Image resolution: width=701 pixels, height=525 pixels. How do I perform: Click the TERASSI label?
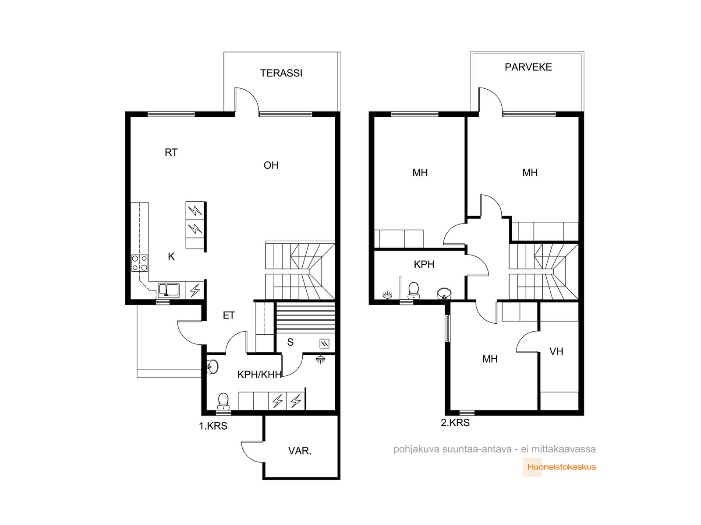pyautogui.click(x=281, y=73)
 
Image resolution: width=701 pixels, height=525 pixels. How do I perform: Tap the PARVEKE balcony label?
pyautogui.click(x=528, y=67)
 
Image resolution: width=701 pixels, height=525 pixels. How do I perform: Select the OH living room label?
pyautogui.click(x=271, y=165)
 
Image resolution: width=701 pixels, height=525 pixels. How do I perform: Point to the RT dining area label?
pyautogui.click(x=171, y=152)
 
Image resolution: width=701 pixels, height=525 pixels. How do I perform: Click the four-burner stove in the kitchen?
pyautogui.click(x=140, y=263)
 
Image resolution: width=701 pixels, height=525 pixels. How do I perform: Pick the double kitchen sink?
pyautogui.click(x=169, y=290)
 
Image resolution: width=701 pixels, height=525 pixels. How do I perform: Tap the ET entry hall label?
pyautogui.click(x=229, y=315)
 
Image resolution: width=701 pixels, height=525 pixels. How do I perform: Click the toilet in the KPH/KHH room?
pyautogui.click(x=223, y=401)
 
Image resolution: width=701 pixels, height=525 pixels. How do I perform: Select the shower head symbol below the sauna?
pyautogui.click(x=320, y=360)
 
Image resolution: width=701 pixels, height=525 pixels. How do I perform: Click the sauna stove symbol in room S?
pyautogui.click(x=324, y=343)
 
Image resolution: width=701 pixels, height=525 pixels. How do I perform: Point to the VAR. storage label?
pyautogui.click(x=300, y=451)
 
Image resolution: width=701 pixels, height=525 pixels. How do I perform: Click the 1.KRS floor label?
pyautogui.click(x=213, y=426)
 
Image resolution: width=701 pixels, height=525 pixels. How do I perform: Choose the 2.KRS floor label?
pyautogui.click(x=455, y=423)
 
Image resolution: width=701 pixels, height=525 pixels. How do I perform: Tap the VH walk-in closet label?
pyautogui.click(x=556, y=352)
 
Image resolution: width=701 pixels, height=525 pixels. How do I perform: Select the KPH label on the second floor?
pyautogui.click(x=424, y=264)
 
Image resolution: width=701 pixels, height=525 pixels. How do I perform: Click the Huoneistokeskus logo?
pyautogui.click(x=559, y=467)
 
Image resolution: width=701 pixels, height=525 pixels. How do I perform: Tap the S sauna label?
pyautogui.click(x=290, y=343)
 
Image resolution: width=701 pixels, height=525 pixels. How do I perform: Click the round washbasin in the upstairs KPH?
pyautogui.click(x=444, y=293)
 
